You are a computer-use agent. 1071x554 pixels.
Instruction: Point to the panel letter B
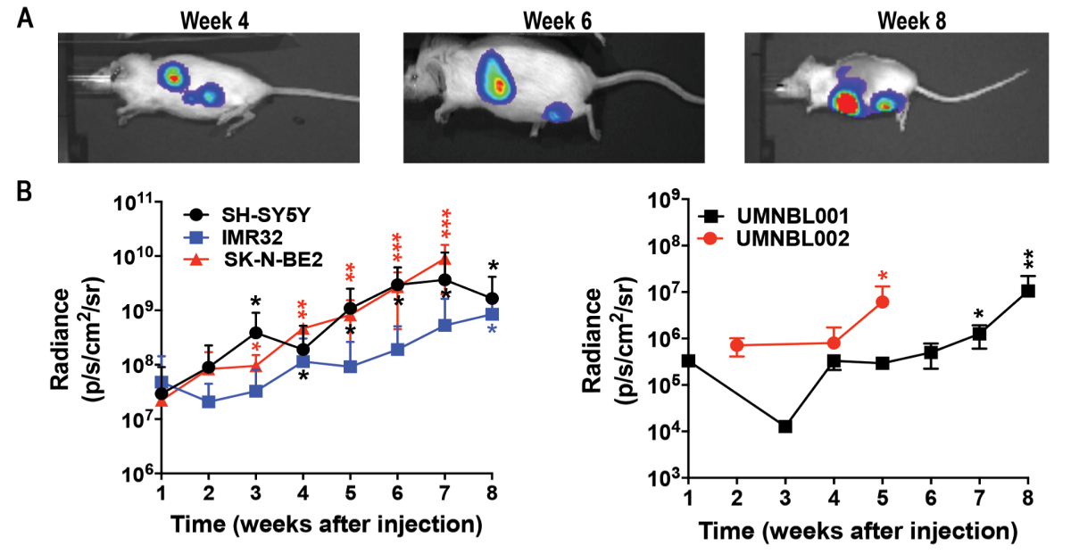(26, 189)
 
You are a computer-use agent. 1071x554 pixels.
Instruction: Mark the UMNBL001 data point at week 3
(785, 426)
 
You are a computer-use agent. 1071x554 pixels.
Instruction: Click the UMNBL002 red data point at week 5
(883, 302)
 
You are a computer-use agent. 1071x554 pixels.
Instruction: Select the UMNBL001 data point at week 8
(1028, 290)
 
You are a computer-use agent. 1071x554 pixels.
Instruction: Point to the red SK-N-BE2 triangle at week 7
(444, 260)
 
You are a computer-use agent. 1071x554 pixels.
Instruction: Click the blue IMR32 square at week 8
(492, 314)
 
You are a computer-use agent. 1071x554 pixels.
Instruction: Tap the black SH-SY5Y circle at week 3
(256, 333)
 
